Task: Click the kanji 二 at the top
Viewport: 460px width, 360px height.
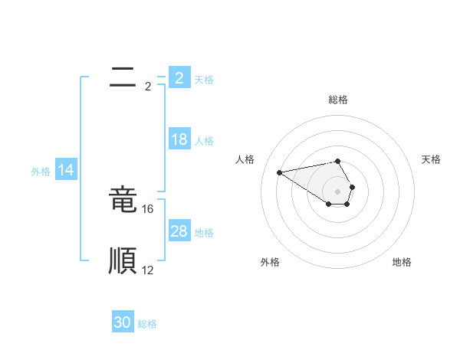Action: pyautogui.click(x=123, y=76)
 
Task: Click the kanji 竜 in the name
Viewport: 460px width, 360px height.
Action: pyautogui.click(x=123, y=199)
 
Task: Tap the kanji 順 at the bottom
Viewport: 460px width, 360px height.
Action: pyautogui.click(x=123, y=261)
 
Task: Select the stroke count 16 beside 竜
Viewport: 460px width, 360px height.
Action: pyautogui.click(x=149, y=208)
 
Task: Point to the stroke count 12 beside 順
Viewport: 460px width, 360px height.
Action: pyautogui.click(x=148, y=270)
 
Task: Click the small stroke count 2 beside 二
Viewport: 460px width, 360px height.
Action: pyautogui.click(x=148, y=87)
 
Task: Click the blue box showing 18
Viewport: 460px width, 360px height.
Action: pyautogui.click(x=179, y=140)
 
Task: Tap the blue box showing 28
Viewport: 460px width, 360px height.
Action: pyautogui.click(x=179, y=231)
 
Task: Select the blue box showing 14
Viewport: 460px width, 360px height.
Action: pyautogui.click(x=66, y=171)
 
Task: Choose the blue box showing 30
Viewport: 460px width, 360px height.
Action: pyautogui.click(x=123, y=322)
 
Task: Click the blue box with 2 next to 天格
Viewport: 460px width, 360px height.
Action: pyautogui.click(x=179, y=77)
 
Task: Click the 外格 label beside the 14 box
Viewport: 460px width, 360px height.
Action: pyautogui.click(x=41, y=172)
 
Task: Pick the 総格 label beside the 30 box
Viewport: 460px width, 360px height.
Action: pyautogui.click(x=147, y=324)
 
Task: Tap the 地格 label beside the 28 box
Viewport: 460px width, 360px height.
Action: pyautogui.click(x=204, y=233)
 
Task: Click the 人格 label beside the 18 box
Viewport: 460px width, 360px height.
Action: pyautogui.click(x=204, y=141)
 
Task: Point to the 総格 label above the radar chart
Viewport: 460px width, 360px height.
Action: pyautogui.click(x=338, y=100)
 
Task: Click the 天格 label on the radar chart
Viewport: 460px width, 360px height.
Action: pyautogui.click(x=431, y=159)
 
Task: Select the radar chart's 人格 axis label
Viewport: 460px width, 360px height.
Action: pyautogui.click(x=245, y=159)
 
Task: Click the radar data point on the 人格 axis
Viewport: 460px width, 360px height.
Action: pyautogui.click(x=280, y=172)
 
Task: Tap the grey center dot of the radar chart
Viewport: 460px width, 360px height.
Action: pyautogui.click(x=338, y=191)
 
